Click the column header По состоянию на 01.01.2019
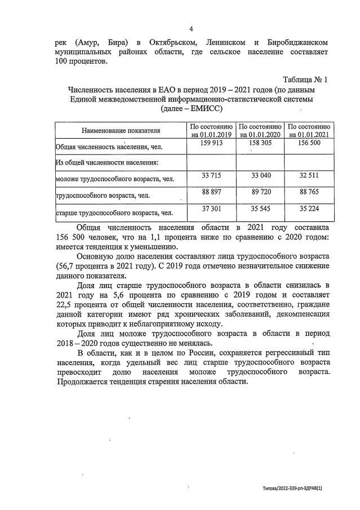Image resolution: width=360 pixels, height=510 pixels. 211,130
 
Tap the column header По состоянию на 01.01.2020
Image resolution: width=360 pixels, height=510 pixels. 260,130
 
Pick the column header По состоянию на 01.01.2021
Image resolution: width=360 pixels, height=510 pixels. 308,130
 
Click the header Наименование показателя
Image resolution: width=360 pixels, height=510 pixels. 121,131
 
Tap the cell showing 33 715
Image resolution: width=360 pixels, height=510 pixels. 211,176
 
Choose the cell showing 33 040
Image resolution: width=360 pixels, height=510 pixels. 260,176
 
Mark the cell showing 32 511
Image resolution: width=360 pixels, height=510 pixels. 308,176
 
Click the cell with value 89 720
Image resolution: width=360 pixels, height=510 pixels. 260,193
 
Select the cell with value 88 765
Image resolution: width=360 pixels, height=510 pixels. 308,193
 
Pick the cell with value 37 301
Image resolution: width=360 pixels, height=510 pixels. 211,210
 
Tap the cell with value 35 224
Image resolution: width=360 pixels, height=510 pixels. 308,210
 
